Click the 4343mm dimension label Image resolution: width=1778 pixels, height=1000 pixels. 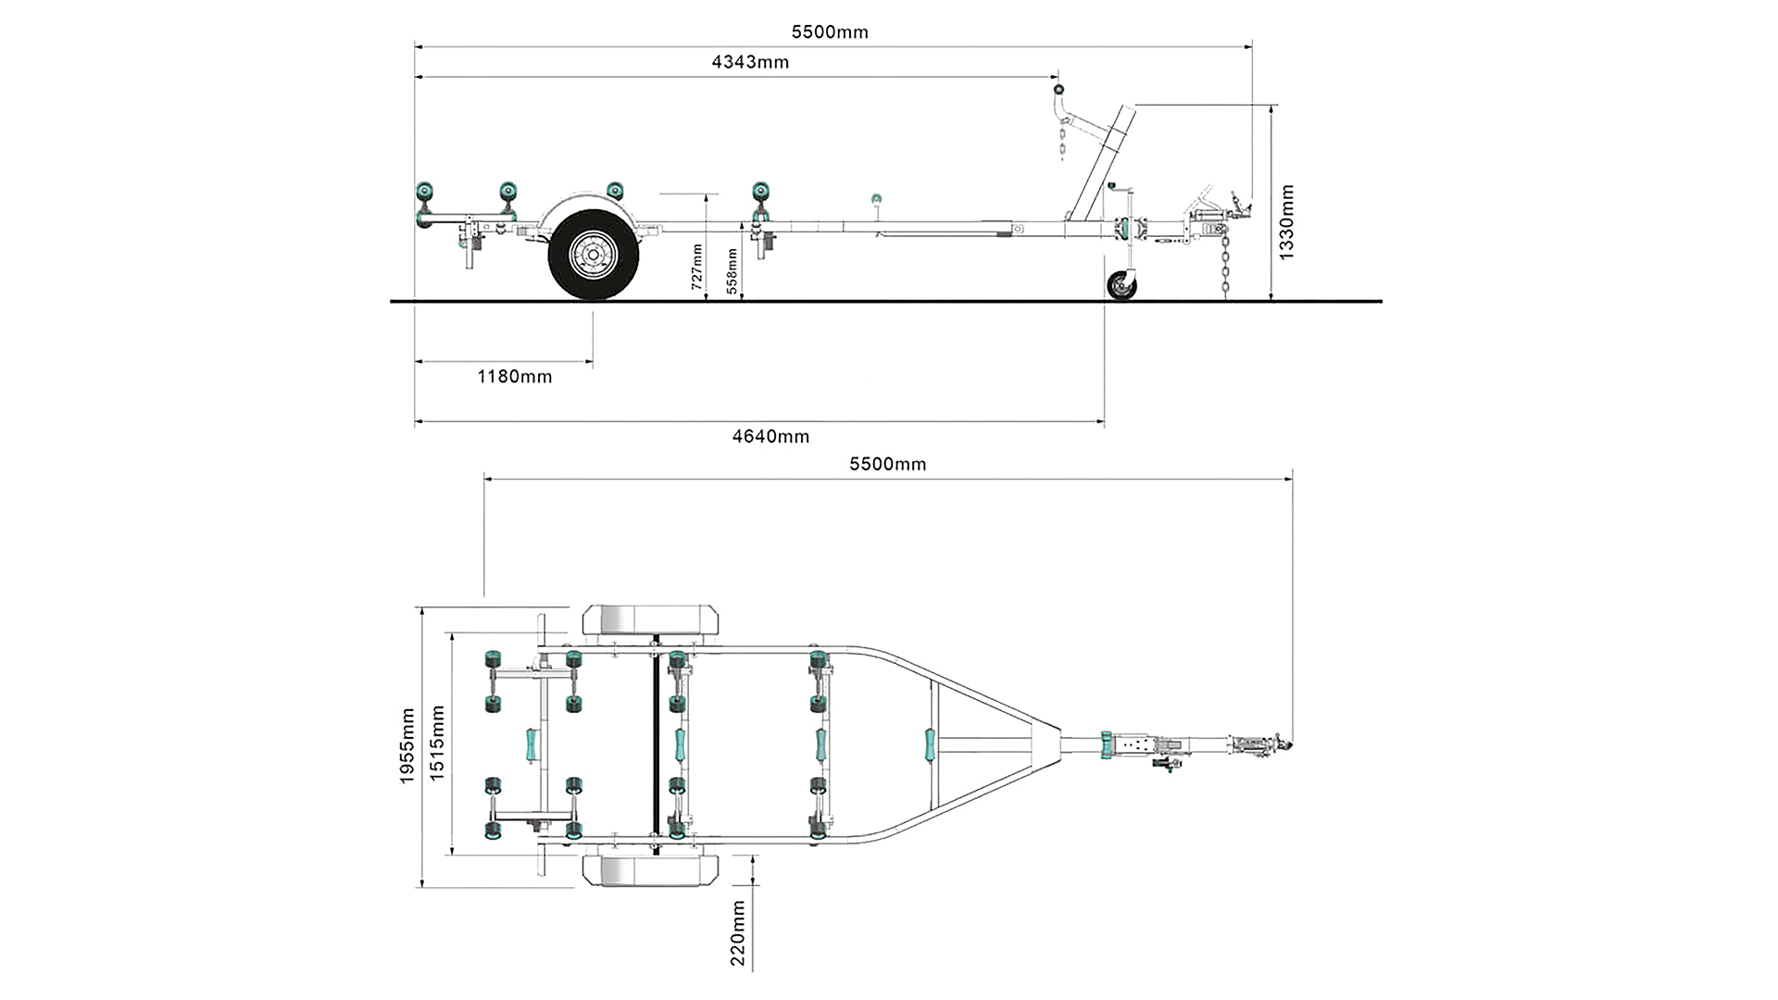[750, 62]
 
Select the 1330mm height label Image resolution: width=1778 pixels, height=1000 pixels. [1286, 222]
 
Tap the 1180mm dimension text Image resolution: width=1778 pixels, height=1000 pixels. [514, 377]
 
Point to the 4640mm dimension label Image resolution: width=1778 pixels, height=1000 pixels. [770, 436]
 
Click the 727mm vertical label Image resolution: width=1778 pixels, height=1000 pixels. [697, 267]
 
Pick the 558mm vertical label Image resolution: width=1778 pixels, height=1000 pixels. [732, 270]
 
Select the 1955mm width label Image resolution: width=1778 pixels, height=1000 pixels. [407, 746]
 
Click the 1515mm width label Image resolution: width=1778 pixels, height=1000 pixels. [437, 743]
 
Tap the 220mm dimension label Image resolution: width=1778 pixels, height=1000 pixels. [738, 933]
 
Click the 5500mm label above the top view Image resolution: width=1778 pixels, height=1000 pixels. [887, 464]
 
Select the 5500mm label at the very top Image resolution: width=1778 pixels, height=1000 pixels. [830, 32]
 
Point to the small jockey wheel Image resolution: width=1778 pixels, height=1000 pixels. [1121, 285]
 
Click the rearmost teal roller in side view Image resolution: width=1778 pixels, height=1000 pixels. [425, 196]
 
